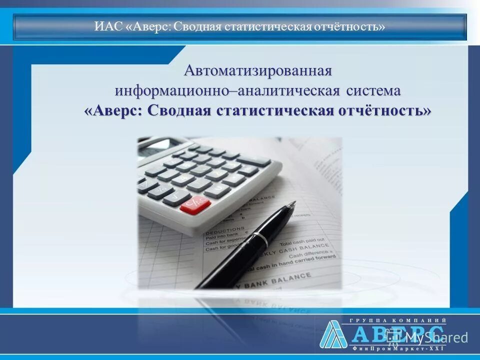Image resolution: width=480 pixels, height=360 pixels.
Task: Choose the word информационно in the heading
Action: (x=175, y=91)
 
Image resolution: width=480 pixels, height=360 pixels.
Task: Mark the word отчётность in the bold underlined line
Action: (x=383, y=111)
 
